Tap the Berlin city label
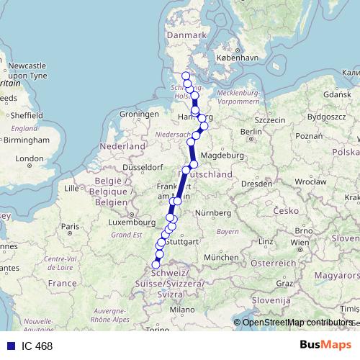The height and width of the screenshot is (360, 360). (251, 132)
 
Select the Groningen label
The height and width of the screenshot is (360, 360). (139, 114)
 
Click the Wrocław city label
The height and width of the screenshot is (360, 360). (310, 181)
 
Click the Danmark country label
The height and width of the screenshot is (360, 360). (186, 35)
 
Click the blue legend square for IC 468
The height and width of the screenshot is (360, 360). (12, 346)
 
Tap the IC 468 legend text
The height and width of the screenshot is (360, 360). (37, 346)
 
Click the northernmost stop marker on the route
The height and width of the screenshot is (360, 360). (185, 76)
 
